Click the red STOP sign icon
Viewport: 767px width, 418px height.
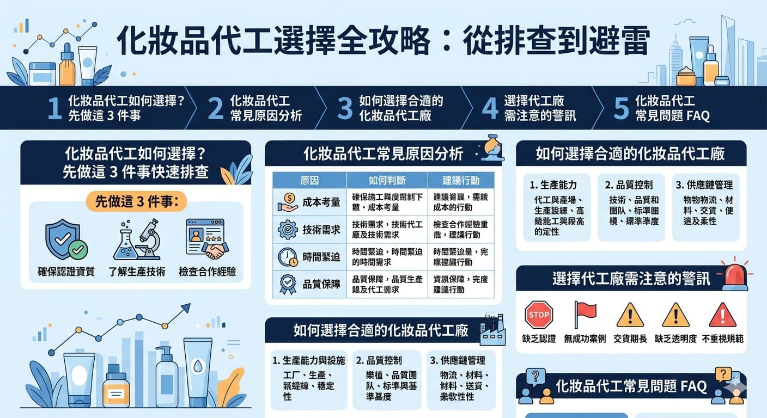click(539, 315)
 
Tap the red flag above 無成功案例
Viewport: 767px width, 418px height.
click(585, 314)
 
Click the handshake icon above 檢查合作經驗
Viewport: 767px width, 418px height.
click(208, 239)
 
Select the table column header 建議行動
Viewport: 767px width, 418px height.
click(460, 180)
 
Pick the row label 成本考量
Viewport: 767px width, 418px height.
click(321, 202)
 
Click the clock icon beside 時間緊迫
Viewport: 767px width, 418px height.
click(288, 257)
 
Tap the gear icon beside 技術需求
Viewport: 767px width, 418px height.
click(288, 230)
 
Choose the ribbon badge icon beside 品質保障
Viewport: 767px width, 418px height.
click(288, 284)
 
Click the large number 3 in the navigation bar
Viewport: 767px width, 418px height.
click(344, 108)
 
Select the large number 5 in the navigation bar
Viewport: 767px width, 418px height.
click(621, 108)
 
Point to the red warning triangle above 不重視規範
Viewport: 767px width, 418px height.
click(722, 315)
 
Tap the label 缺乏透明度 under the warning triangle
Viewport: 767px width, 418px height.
click(675, 339)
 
